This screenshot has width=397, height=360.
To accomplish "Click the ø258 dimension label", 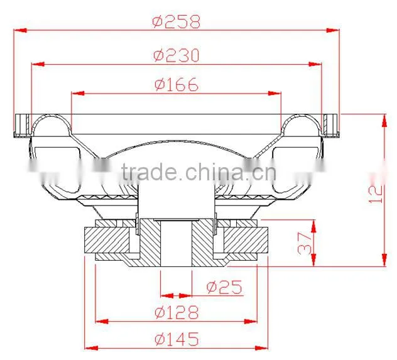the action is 177,22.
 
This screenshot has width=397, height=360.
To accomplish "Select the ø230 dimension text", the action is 177,55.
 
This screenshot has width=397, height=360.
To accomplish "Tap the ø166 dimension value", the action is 177,84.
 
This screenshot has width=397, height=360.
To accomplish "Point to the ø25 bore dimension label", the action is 224,287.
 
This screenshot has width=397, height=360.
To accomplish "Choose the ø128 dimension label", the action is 177,312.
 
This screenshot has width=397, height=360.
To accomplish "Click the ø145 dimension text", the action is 177,339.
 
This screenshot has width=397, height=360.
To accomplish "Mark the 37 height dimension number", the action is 305,244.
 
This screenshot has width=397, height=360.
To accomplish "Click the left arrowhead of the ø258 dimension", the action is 21,30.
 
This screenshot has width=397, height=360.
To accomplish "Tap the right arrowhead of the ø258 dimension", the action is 333,30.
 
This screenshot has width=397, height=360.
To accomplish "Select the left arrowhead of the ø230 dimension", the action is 38,64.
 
